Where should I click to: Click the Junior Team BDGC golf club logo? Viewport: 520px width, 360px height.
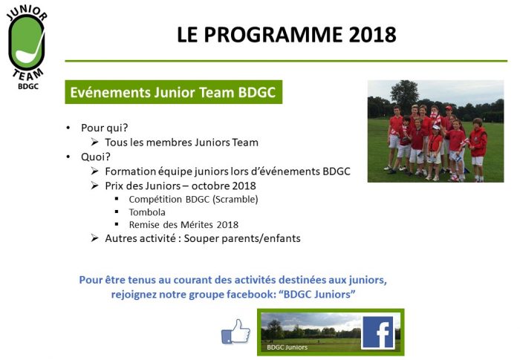(x=27, y=48)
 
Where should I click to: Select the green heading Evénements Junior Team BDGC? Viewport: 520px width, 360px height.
(x=173, y=92)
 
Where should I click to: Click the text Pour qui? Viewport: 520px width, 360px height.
(x=105, y=128)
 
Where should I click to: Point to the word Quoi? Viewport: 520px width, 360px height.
(x=96, y=157)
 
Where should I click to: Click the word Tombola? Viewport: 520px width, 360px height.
(x=147, y=212)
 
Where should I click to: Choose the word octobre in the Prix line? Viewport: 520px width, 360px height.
(x=210, y=186)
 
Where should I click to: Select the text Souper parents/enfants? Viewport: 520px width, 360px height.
(x=242, y=238)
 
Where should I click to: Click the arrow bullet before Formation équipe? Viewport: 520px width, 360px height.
(x=94, y=171)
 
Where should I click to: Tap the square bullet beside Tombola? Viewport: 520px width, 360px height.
(x=117, y=212)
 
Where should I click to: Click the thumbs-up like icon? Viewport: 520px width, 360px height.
(x=235, y=331)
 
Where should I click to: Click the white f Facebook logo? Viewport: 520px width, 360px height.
(x=378, y=333)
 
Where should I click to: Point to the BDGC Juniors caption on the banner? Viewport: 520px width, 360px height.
(x=287, y=347)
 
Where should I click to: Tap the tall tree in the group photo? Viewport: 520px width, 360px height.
(x=405, y=93)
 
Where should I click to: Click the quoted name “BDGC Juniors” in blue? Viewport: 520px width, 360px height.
(x=319, y=295)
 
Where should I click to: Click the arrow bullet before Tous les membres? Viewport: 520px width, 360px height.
(x=94, y=142)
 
